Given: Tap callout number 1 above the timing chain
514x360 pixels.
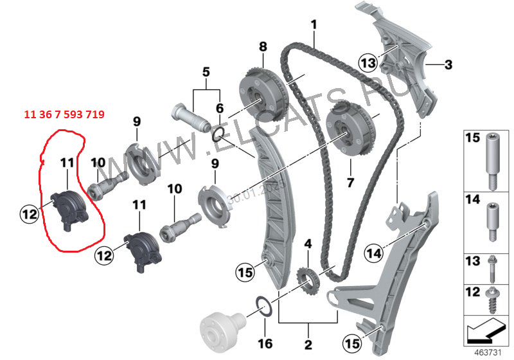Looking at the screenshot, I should coord(314,25).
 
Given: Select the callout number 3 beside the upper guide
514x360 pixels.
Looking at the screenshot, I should coord(448,64).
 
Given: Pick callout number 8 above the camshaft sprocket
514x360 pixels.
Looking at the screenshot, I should coord(262,47).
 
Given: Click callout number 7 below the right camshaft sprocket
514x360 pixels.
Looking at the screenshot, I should coord(350,183).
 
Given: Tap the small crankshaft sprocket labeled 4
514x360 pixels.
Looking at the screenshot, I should coord(307,281).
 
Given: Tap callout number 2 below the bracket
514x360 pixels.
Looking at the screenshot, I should coord(308,345).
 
